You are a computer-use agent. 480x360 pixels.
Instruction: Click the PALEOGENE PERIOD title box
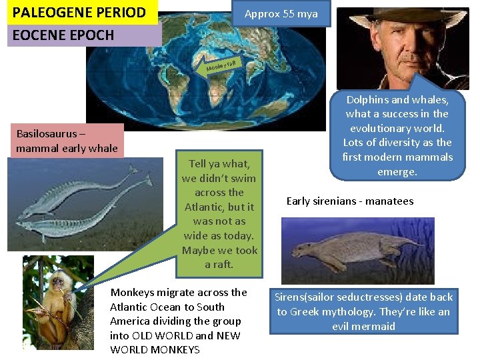click(80, 12)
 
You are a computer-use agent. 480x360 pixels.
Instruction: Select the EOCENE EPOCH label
click(63, 35)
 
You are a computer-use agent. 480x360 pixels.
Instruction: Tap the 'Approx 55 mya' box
click(281, 14)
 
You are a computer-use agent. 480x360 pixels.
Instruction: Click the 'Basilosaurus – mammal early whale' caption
click(67, 140)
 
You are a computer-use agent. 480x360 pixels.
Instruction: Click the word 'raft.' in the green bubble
click(219, 264)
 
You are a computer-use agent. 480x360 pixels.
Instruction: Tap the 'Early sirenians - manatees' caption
click(350, 201)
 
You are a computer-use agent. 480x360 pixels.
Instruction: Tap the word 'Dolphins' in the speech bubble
click(367, 99)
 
